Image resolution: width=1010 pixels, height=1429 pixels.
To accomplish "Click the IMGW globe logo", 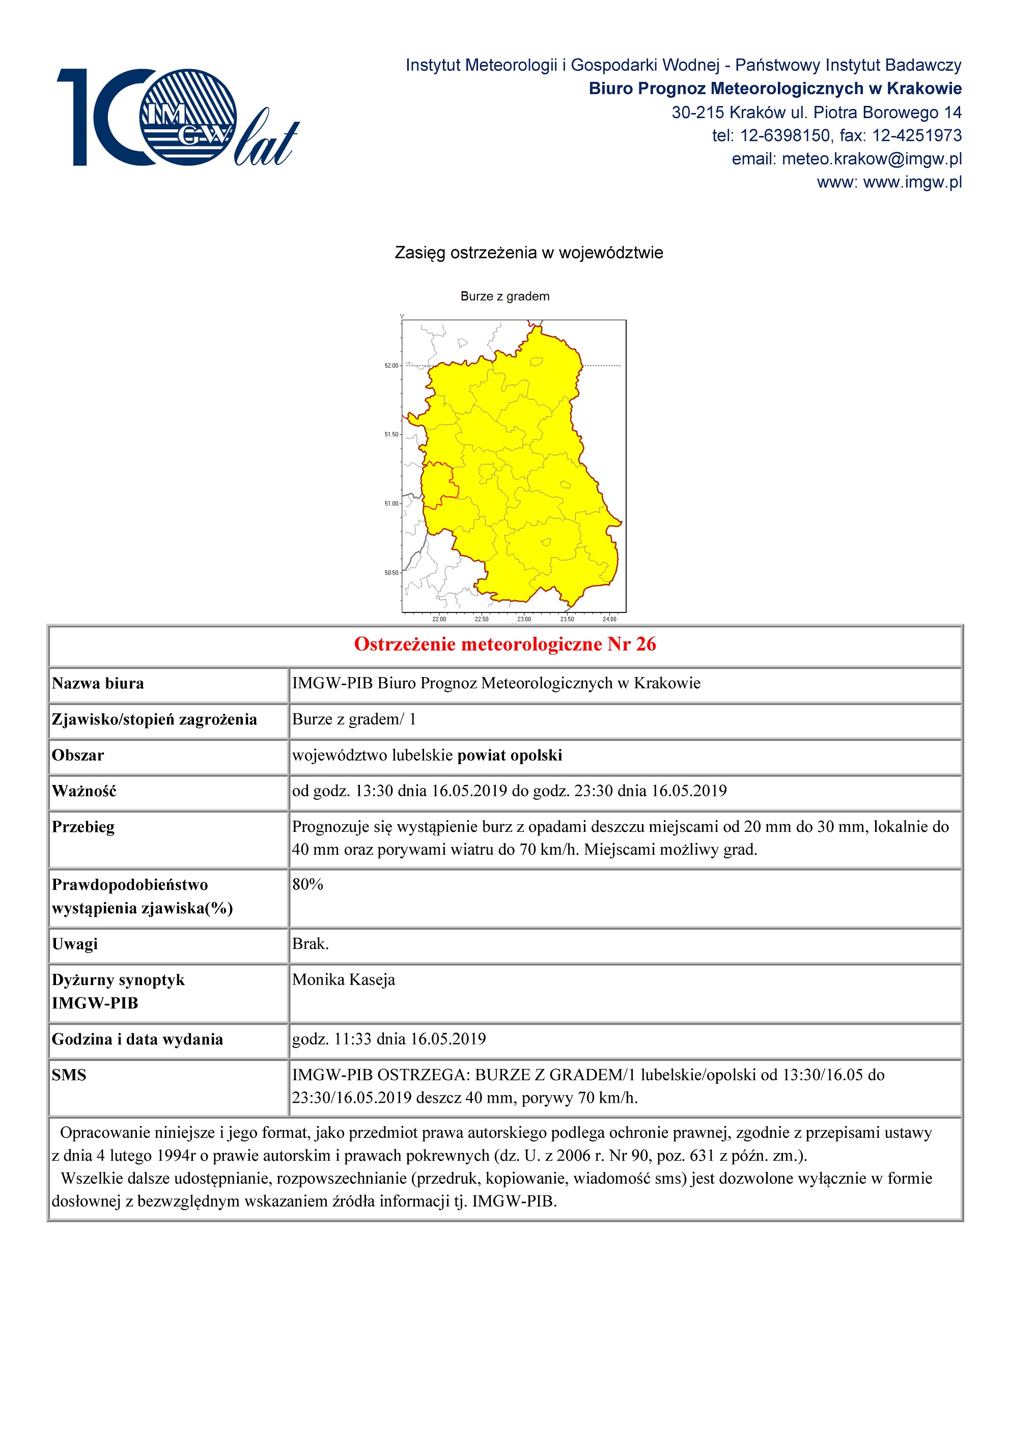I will tap(187, 117).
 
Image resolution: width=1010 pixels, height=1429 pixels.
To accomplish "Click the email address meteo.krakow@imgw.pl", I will tap(871, 159).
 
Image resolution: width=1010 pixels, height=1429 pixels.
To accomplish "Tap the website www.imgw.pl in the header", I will tap(912, 182).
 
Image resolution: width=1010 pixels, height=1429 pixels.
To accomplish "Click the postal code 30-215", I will tap(697, 113).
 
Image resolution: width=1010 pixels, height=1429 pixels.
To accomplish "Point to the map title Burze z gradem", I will tap(504, 296).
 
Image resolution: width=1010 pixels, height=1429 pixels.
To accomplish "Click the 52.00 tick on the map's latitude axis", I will tap(391, 366).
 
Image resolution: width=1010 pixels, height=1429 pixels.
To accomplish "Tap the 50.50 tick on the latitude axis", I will tap(391, 573).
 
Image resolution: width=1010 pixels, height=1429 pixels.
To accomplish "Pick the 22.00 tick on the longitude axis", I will tap(439, 619).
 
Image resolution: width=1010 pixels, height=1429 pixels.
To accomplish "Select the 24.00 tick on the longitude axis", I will tap(609, 619).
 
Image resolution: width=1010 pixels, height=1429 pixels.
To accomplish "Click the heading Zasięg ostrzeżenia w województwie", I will tap(528, 253).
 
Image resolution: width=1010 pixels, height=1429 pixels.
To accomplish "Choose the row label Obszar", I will tap(78, 755).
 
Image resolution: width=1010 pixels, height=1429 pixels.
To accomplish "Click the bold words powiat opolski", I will tap(510, 755).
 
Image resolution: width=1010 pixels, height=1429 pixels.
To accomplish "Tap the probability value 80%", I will tap(307, 884).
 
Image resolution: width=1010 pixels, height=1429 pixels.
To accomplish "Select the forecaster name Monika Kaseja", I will tap(344, 979).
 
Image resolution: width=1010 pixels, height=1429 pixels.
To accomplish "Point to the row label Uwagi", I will tap(75, 944).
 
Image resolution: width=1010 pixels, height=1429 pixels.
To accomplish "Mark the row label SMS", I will tap(69, 1075).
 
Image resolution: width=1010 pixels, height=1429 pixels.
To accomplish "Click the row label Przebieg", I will tap(83, 827).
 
